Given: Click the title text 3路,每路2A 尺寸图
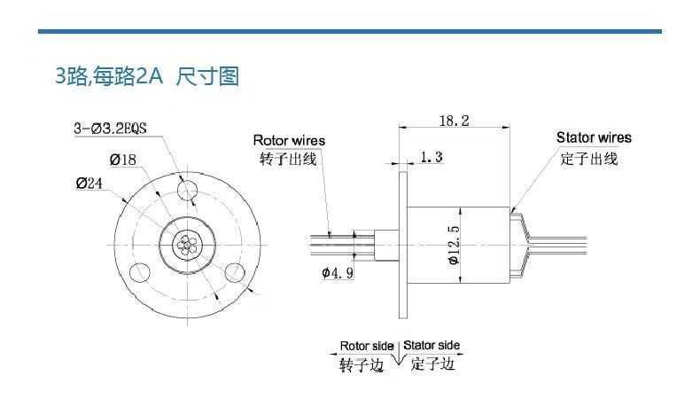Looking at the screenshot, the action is (147, 76).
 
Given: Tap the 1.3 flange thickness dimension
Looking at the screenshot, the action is (432, 158).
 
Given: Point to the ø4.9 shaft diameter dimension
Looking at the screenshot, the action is (338, 273).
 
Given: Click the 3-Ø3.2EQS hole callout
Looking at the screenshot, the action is (110, 128).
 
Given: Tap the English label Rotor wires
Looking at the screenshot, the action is (289, 140).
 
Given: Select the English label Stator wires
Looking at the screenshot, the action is (594, 137).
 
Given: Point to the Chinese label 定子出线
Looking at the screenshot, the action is (589, 159).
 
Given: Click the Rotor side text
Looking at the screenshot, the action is (367, 345).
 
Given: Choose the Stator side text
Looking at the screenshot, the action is (432, 345).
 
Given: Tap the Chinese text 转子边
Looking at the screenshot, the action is (364, 364).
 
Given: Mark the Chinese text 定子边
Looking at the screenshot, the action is (432, 364).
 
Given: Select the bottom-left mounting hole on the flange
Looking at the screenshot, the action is (138, 271).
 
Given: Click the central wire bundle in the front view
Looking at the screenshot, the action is (186, 244).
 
